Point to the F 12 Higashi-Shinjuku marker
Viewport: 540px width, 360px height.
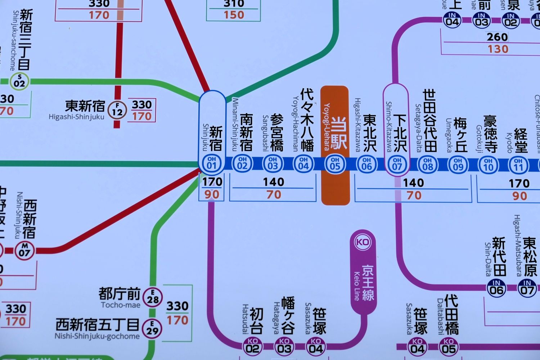point(117,109)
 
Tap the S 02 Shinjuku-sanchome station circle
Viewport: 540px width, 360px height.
point(19,81)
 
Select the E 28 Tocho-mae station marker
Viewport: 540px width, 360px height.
point(153,297)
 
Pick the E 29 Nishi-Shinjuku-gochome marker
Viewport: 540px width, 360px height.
point(153,328)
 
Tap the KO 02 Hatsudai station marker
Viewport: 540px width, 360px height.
point(253,346)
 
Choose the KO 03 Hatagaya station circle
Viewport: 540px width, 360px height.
point(284,346)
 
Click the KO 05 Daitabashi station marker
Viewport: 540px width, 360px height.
point(449,346)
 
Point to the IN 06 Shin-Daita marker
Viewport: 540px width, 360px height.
point(496,288)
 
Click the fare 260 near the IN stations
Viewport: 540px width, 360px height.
point(497,37)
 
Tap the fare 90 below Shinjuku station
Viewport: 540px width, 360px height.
point(212,194)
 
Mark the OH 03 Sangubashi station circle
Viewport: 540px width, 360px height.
point(273,164)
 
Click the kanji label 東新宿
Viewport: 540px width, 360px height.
point(85,106)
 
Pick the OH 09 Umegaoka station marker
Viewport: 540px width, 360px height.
point(458,165)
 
